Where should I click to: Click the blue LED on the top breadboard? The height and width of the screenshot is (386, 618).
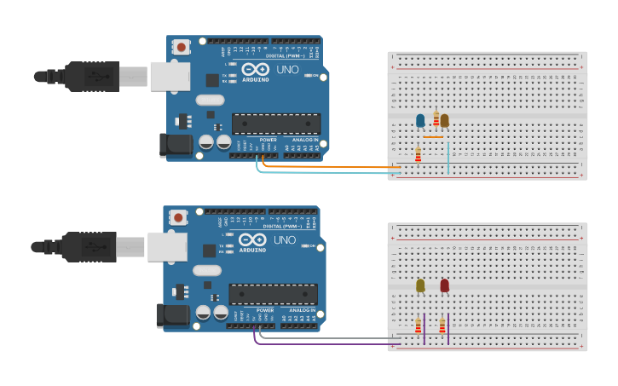(x=420, y=120)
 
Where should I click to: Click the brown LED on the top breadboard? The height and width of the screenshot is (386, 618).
(x=444, y=120)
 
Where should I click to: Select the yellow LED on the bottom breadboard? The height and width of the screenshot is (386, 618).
(x=420, y=285)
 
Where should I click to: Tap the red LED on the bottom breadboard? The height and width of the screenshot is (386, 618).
(x=444, y=285)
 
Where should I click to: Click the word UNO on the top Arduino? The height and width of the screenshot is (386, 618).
(x=288, y=69)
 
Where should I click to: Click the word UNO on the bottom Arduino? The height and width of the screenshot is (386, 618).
(x=285, y=240)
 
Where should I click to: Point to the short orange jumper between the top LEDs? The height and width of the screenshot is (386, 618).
(x=433, y=136)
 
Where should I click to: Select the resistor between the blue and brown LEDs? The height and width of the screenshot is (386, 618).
(x=436, y=119)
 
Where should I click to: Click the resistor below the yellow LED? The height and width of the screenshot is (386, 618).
(x=418, y=325)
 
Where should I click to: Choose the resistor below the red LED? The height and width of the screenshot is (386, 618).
(x=442, y=325)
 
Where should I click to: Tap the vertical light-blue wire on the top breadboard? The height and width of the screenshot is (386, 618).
(x=448, y=158)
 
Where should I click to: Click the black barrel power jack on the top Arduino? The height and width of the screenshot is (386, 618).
(x=177, y=145)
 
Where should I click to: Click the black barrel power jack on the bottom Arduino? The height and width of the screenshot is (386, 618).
(x=175, y=316)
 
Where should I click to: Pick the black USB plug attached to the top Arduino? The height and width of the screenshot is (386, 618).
(x=94, y=76)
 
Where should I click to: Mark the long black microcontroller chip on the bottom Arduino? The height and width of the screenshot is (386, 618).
(x=273, y=295)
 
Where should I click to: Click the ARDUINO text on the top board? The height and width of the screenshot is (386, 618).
(x=256, y=79)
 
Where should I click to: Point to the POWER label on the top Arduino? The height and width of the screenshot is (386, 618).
(x=268, y=139)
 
